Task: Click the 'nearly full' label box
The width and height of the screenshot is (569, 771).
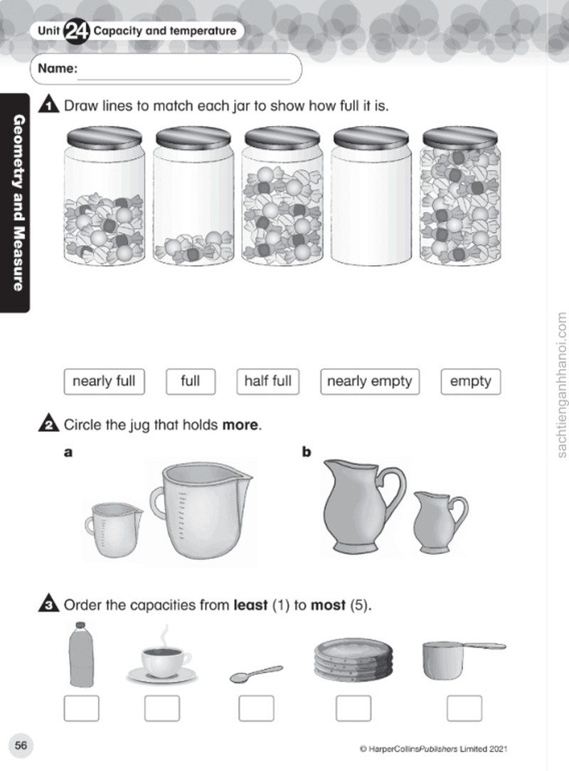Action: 105,381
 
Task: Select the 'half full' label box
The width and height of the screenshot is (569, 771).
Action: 268,381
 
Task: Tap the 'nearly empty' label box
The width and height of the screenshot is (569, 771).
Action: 370,381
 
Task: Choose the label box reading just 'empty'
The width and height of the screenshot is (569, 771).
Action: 471,381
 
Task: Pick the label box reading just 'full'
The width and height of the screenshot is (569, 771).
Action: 191,381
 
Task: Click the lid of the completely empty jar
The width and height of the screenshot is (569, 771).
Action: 371,137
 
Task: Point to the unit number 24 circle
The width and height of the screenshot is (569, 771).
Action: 76,31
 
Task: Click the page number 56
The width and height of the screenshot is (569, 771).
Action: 21,745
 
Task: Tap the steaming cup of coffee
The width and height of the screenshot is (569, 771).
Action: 161,657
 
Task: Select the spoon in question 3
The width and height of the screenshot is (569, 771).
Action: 256,674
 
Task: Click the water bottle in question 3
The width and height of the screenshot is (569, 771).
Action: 81,654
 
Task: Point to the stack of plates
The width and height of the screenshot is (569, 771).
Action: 353,659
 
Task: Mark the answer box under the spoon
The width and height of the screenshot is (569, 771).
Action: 256,708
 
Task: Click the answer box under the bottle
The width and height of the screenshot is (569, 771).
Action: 81,708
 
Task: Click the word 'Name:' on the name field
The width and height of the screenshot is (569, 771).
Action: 58,68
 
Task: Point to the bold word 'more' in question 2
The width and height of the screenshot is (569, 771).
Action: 240,425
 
